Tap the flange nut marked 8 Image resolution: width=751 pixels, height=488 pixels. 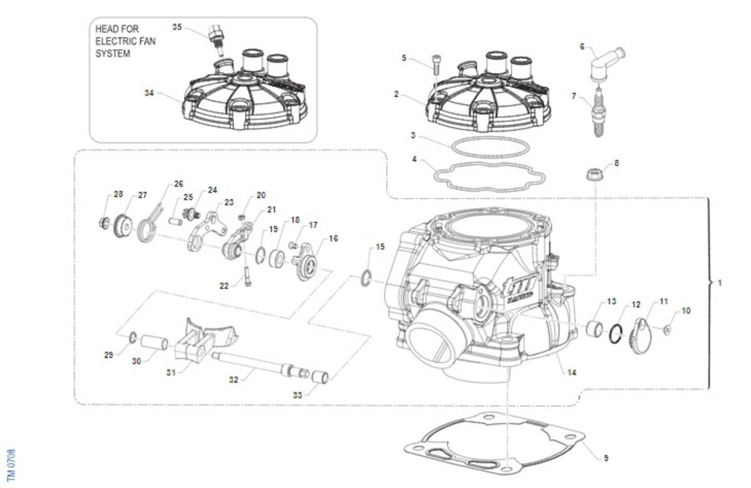[594, 174]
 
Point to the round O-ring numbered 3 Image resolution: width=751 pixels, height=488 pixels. [488, 147]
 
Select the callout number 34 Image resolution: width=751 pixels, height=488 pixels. [149, 93]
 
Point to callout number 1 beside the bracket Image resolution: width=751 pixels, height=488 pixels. [720, 283]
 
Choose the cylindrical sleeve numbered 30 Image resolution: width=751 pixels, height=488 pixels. [154, 343]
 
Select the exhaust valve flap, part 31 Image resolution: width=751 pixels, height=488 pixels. [197, 341]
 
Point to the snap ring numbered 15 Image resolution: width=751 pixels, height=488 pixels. [367, 278]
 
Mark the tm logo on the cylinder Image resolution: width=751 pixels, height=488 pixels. [516, 291]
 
